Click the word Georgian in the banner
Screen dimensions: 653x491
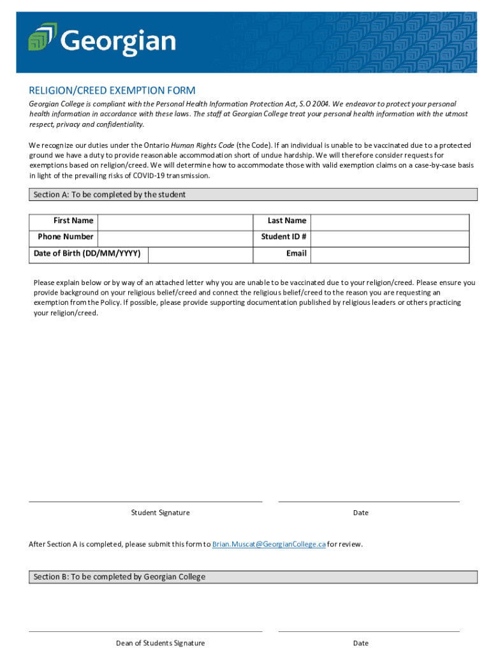(119, 41)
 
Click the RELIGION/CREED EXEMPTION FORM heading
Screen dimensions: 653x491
(112, 91)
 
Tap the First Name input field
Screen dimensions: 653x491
(175, 221)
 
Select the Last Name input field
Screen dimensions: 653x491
(389, 221)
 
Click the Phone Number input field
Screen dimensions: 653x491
(175, 237)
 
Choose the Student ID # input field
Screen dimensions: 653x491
(389, 237)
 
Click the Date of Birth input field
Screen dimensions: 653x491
(200, 254)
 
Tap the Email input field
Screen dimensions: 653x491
(389, 254)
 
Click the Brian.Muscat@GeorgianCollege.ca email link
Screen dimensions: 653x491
(268, 545)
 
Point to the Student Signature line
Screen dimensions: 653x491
(145, 501)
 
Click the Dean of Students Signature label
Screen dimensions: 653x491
(160, 643)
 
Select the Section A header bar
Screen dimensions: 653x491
(253, 194)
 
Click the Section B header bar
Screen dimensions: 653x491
(253, 577)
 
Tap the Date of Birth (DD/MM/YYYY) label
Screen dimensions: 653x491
(87, 254)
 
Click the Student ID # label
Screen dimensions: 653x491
(284, 237)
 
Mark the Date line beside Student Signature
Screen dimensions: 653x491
(369, 501)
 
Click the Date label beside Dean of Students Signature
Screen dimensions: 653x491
(360, 643)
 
